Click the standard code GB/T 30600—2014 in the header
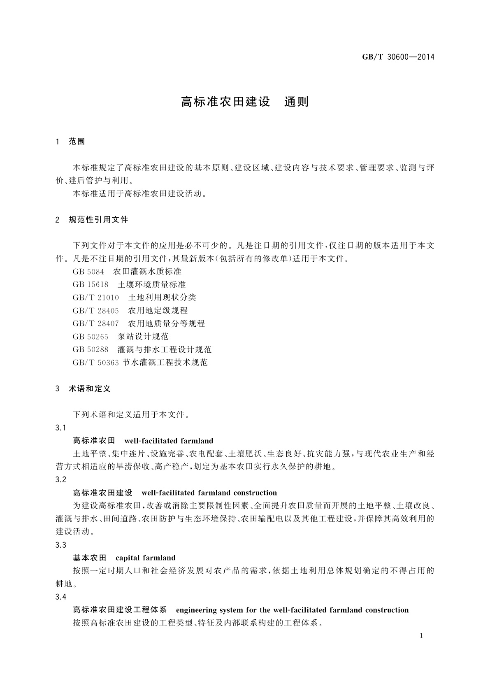pyautogui.click(x=398, y=57)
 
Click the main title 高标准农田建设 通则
pyautogui.click(x=245, y=102)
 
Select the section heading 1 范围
pyautogui.click(x=70, y=142)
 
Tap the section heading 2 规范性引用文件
pyautogui.click(x=92, y=220)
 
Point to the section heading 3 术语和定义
pyautogui.click(x=83, y=388)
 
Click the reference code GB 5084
pyautogui.click(x=88, y=272)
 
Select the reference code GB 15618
pyautogui.click(x=91, y=285)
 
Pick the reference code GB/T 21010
pyautogui.click(x=96, y=298)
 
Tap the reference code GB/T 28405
pyautogui.click(x=96, y=311)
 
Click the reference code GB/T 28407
pyautogui.click(x=96, y=324)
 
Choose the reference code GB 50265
pyautogui.click(x=91, y=337)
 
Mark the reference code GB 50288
pyautogui.click(x=91, y=350)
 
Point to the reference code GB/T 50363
pyautogui.click(x=96, y=363)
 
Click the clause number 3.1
pyautogui.click(x=60, y=428)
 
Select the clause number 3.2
pyautogui.click(x=60, y=480)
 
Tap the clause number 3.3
pyautogui.click(x=60, y=545)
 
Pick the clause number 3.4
pyautogui.click(x=60, y=597)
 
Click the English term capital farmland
pyautogui.click(x=146, y=558)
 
